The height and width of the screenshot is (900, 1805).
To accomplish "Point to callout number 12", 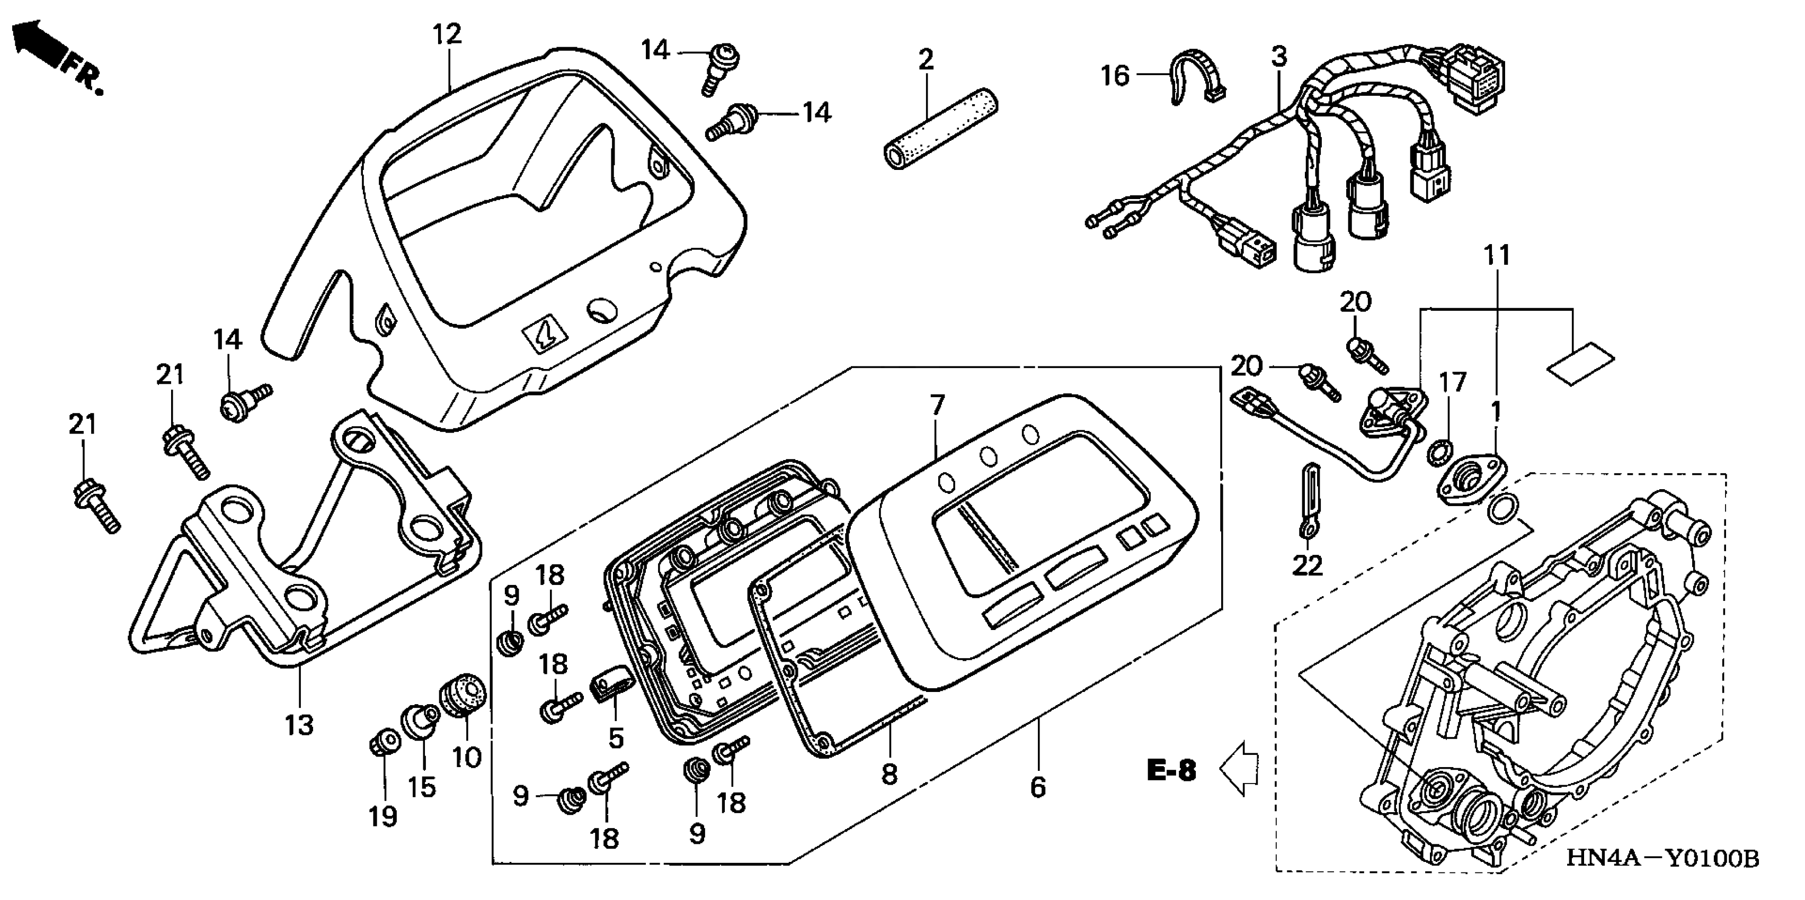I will coord(447,34).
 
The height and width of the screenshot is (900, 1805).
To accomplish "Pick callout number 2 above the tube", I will coord(926,59).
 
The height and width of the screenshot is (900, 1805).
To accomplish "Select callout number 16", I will coord(1115,76).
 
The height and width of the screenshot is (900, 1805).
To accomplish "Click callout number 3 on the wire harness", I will coord(1279,56).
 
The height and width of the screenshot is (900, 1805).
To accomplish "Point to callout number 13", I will coord(299,725).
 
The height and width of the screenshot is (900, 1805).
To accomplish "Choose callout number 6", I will coord(1038,787).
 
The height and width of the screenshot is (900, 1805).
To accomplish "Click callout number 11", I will coord(1497,255).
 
